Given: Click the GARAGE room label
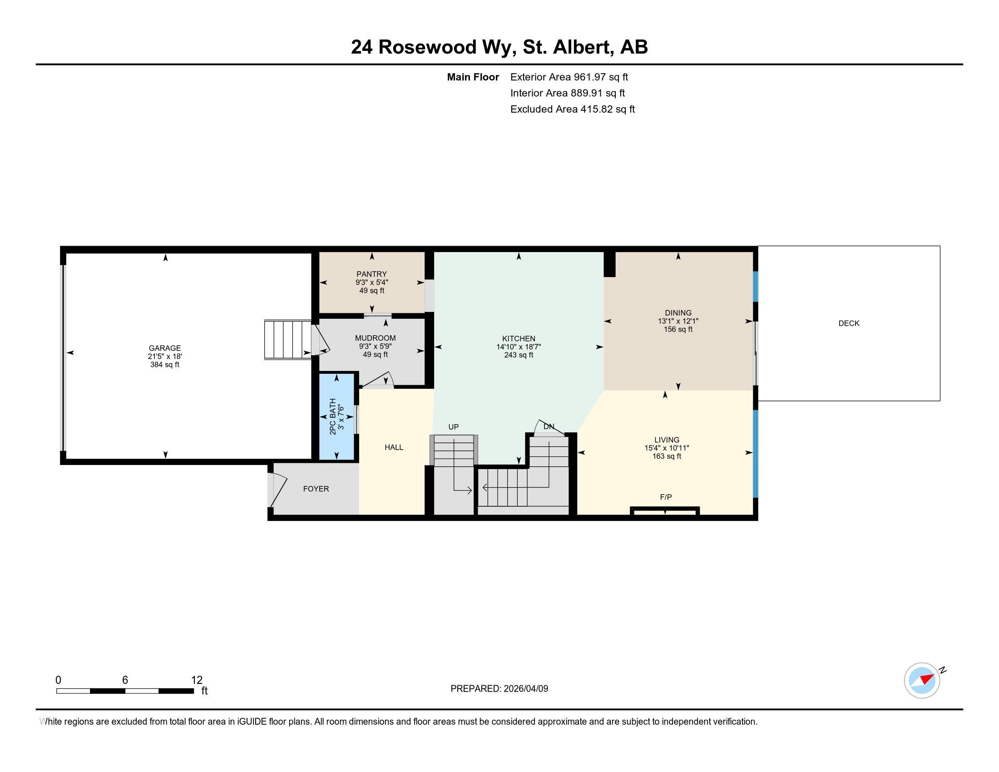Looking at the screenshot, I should click(165, 348).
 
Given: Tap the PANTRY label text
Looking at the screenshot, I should click(371, 274).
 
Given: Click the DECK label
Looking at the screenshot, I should click(849, 323).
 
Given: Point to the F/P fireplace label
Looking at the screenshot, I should click(666, 497).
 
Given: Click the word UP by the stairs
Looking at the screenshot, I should click(453, 427).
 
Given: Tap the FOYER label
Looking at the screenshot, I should click(316, 489).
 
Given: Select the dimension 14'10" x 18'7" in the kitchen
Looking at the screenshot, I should click(518, 347).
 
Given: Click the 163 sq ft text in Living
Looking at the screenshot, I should click(667, 456).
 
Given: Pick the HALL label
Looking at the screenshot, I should click(393, 447).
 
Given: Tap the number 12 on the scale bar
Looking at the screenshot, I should click(197, 680).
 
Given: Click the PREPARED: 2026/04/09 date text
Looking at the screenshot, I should click(499, 689).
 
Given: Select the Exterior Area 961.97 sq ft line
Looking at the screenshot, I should click(569, 77).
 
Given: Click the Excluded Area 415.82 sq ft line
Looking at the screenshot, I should click(572, 109).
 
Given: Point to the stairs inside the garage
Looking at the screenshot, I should click(288, 339).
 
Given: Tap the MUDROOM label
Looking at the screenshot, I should click(375, 338).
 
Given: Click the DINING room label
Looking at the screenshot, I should click(678, 313).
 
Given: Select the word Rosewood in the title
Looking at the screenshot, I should click(427, 47).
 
